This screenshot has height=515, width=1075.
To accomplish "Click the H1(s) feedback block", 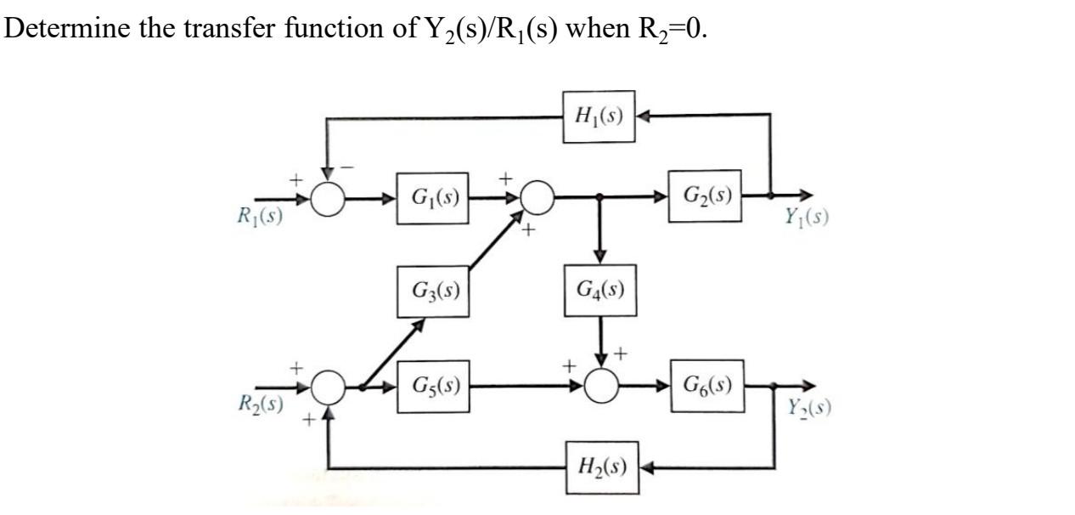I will (x=599, y=116).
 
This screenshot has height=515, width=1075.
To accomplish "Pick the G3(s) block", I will (x=433, y=291).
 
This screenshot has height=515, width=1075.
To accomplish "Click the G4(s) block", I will (x=600, y=291).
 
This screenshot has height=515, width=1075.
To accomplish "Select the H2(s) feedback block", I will (x=600, y=467).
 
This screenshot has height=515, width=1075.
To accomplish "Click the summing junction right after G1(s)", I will (x=536, y=199).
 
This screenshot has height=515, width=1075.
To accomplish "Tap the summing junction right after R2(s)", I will (x=328, y=388).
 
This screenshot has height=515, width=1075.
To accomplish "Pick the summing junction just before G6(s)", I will (x=602, y=388).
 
